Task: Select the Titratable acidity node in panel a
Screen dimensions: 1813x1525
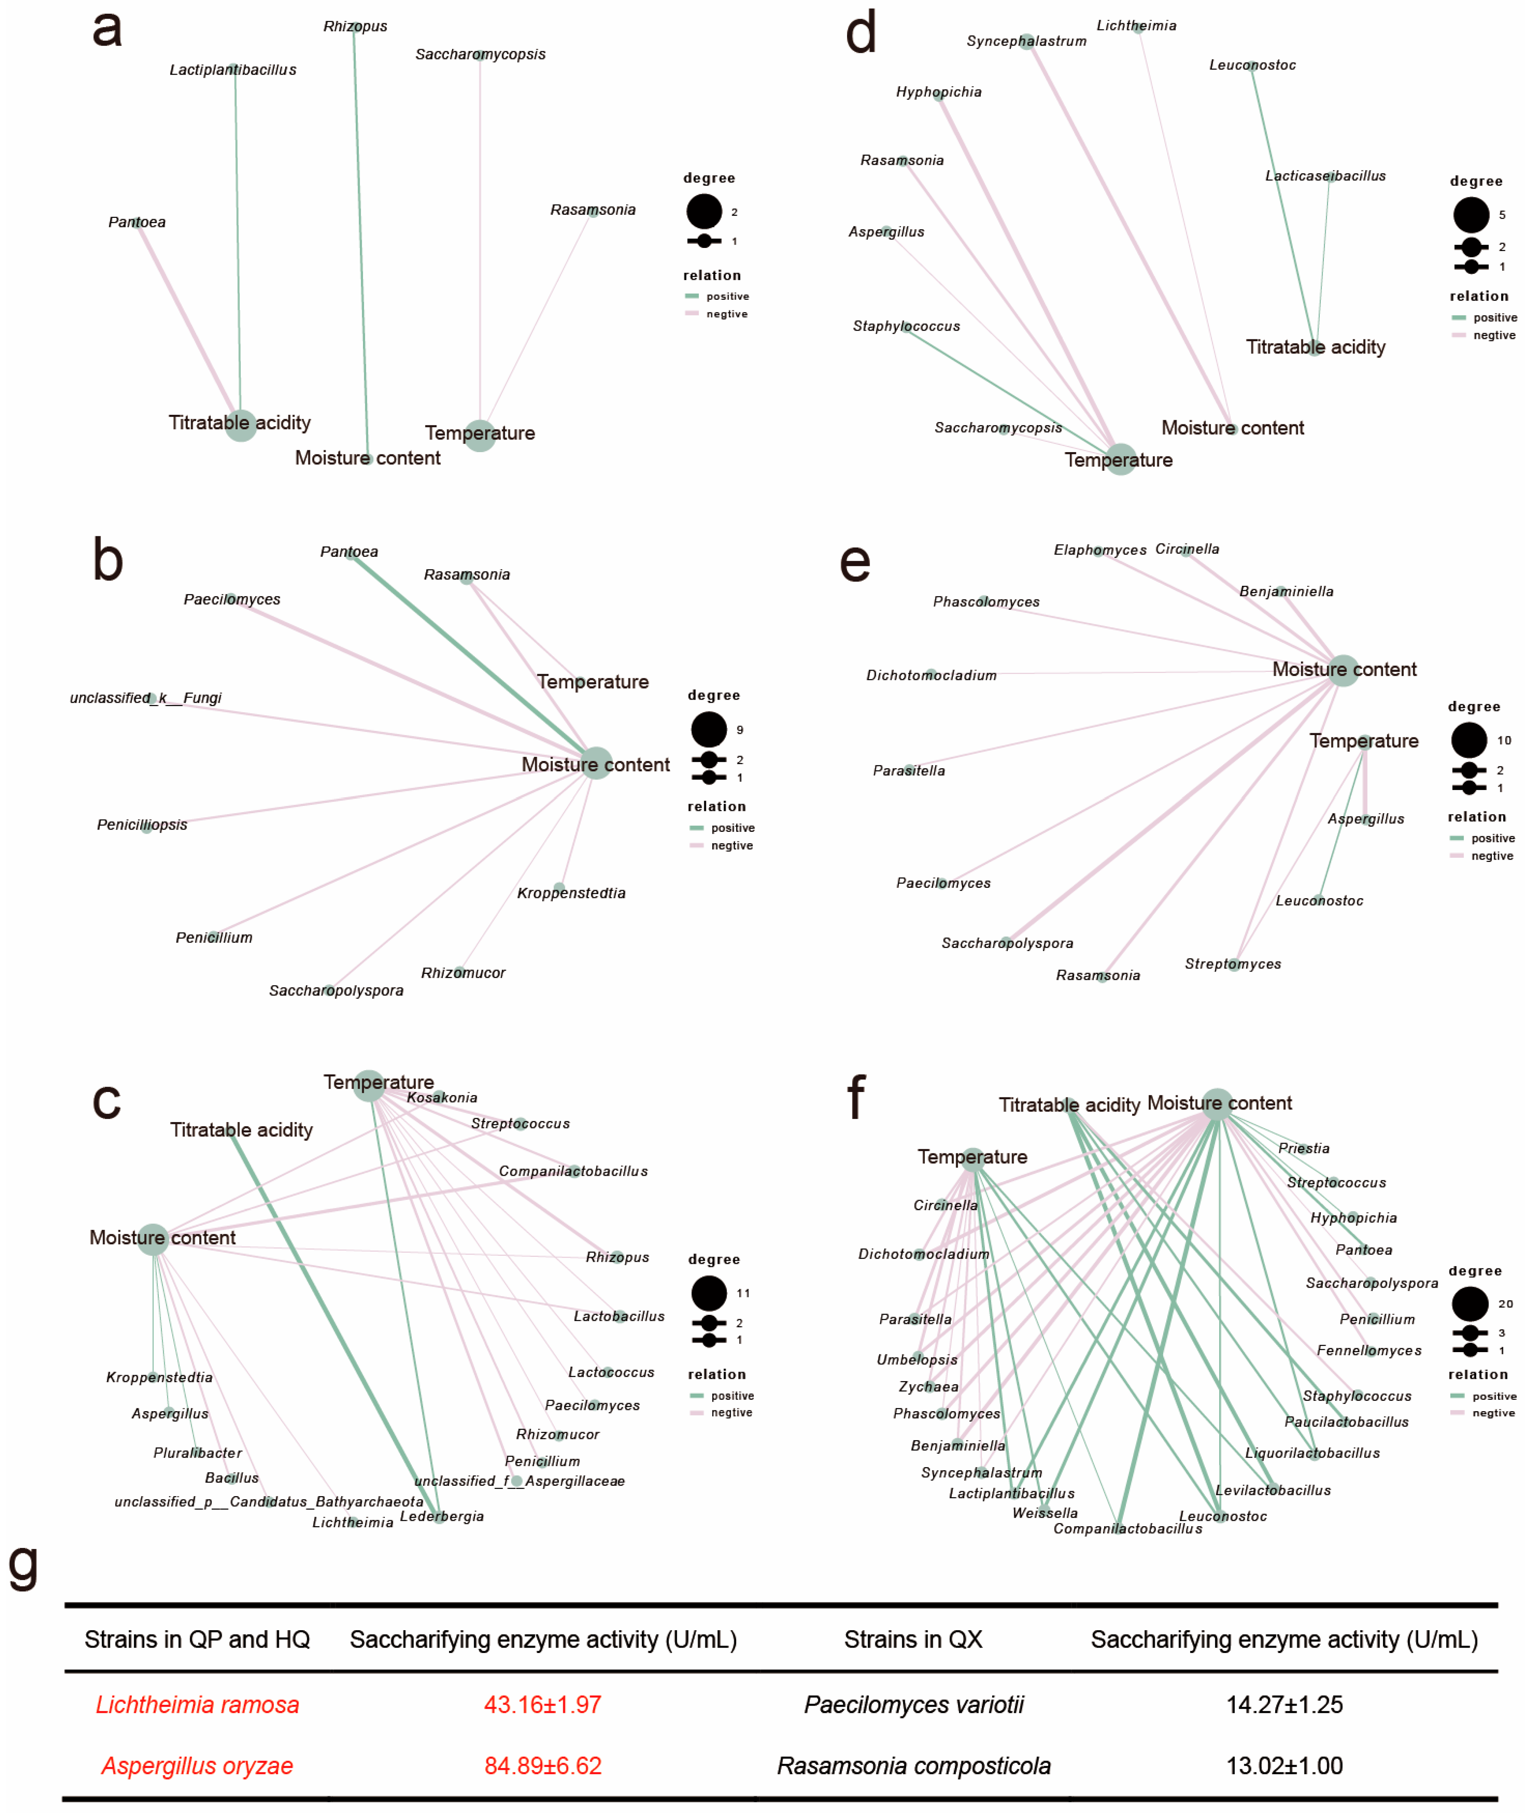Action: click(240, 425)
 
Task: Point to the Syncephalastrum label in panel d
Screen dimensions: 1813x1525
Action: click(1026, 42)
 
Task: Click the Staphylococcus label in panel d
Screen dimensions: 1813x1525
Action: click(906, 326)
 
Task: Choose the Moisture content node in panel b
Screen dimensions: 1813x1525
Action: click(596, 763)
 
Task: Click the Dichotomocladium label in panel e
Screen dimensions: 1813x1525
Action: click(931, 675)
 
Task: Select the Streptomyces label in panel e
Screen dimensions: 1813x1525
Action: click(1233, 964)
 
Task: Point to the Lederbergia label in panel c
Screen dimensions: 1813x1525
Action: click(442, 1516)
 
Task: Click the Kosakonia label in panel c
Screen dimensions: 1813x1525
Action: click(442, 1098)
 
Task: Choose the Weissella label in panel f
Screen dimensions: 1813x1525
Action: click(1045, 1513)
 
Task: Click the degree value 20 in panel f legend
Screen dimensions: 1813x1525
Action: click(1505, 1304)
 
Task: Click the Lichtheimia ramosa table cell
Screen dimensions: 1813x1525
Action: click(197, 1705)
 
